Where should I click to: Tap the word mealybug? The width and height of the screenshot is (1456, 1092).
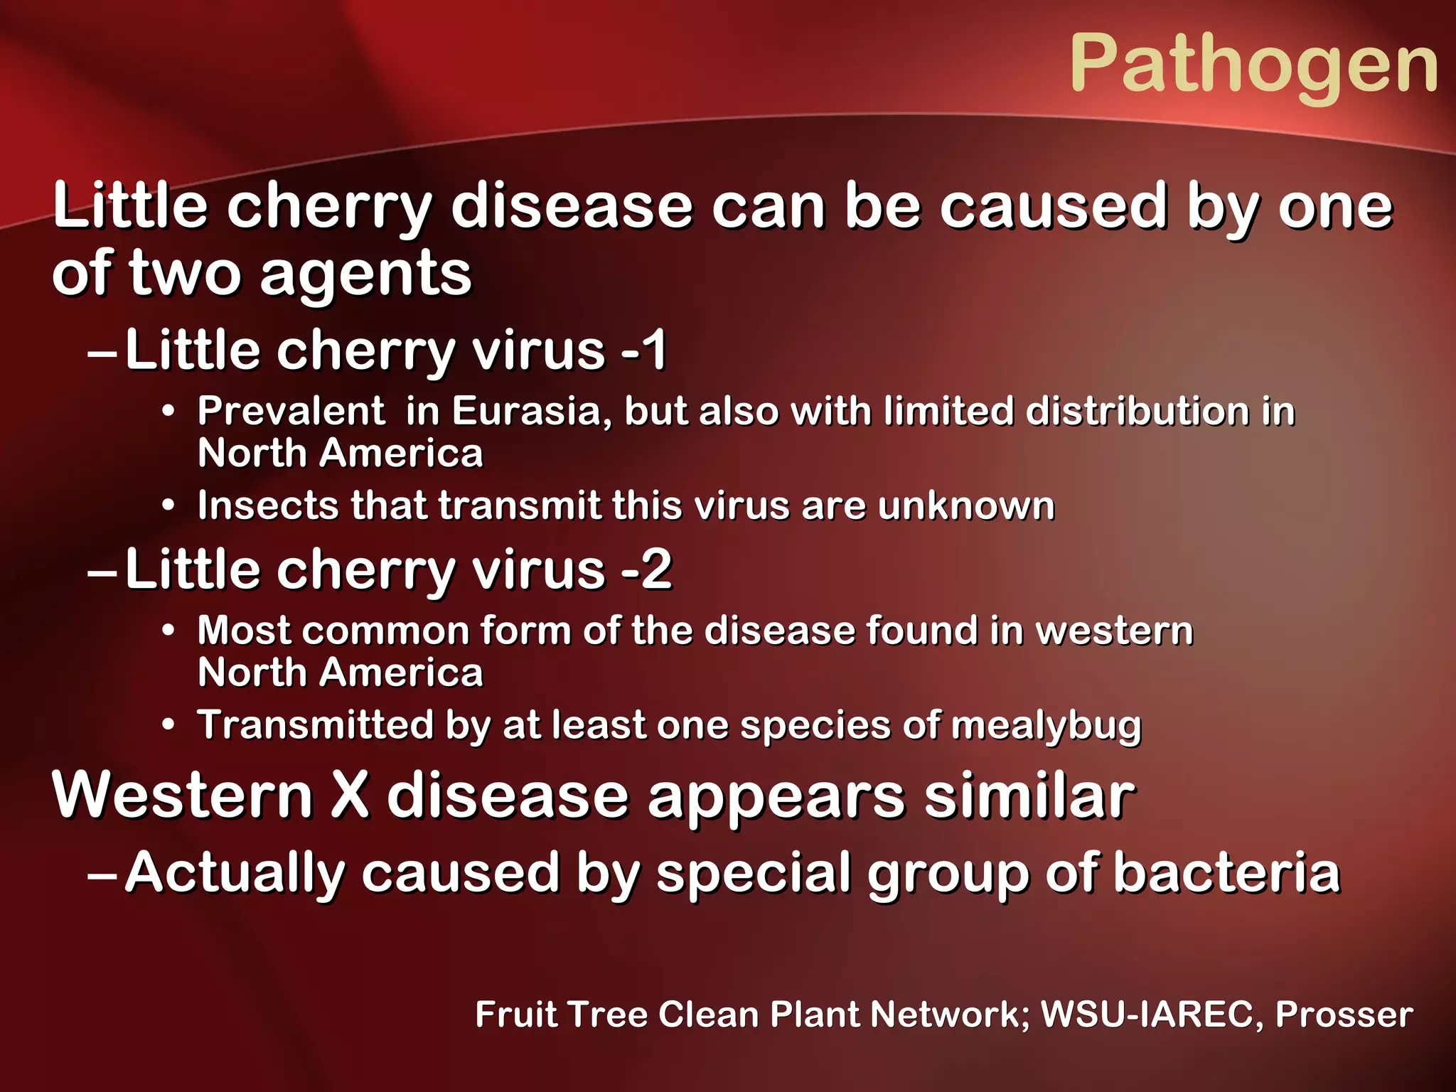[x=1046, y=726]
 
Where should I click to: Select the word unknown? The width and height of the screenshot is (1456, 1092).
[x=966, y=505]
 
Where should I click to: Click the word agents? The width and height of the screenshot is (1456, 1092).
[x=365, y=274]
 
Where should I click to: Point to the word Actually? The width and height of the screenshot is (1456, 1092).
[x=235, y=874]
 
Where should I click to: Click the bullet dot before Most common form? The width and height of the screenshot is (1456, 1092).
[x=168, y=631]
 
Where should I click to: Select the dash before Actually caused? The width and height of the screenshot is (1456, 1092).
[x=101, y=874]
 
